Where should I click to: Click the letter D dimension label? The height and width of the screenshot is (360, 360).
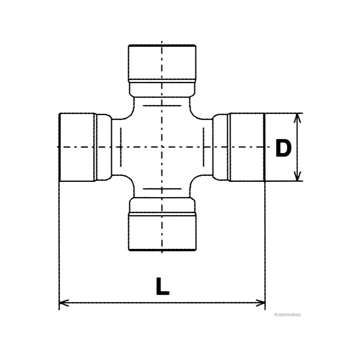coord(283,148)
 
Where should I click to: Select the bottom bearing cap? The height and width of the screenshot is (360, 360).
coord(162,231)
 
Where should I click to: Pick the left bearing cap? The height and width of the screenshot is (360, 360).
coord(77,147)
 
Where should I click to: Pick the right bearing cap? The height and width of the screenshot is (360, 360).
coord(247,147)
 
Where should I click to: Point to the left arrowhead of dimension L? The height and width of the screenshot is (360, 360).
coord(63,302)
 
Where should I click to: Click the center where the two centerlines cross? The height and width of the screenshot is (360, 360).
coord(162,147)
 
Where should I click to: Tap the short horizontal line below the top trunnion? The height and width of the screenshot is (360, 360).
coord(162,105)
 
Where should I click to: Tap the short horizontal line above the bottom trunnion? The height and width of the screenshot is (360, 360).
coord(162,189)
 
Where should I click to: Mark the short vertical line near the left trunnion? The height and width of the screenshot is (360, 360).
coord(121,147)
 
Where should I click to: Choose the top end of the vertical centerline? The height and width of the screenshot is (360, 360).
coord(162,41)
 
